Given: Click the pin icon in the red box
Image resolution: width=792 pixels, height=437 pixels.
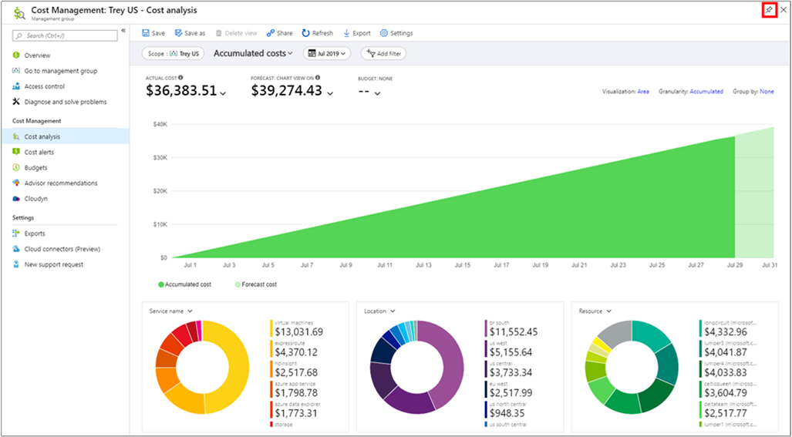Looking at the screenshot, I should coord(768,9).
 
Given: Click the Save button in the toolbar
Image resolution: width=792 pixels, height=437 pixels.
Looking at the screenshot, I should coord(153,33).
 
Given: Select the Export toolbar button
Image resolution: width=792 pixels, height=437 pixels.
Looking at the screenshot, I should coord(357,33).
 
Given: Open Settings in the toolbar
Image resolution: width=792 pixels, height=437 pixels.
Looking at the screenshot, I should coord(396,33).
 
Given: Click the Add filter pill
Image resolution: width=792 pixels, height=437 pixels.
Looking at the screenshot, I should coord(383,53).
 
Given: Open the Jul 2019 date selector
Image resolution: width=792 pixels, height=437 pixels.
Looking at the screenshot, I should coord(328,53).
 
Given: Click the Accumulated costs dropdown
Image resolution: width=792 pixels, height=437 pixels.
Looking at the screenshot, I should coord(253,53).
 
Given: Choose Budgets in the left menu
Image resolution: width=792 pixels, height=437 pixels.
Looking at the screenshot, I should coord(35,167).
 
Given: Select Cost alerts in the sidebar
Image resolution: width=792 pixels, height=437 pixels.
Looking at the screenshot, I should coord(39,152).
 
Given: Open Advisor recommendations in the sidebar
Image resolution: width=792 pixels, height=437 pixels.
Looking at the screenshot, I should coord(60,183).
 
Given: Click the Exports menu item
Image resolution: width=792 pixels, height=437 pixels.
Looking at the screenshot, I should coord(35,234).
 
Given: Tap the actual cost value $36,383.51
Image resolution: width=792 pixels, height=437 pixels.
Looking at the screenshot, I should coord(181,91).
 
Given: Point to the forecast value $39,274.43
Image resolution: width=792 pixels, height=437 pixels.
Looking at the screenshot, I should coord(287,91).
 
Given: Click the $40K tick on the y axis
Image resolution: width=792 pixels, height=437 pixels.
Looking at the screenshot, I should coord(160,124).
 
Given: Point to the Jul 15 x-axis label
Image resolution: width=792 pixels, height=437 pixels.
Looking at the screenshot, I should coord(462,265).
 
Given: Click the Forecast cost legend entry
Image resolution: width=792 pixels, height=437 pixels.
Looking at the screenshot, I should coord(258,284).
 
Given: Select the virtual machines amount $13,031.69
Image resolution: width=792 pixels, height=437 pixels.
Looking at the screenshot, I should coord(298,332).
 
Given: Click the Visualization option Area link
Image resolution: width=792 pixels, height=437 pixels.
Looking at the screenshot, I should coord(642,92).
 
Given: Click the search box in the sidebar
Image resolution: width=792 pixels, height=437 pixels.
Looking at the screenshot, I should coord(66,35).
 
